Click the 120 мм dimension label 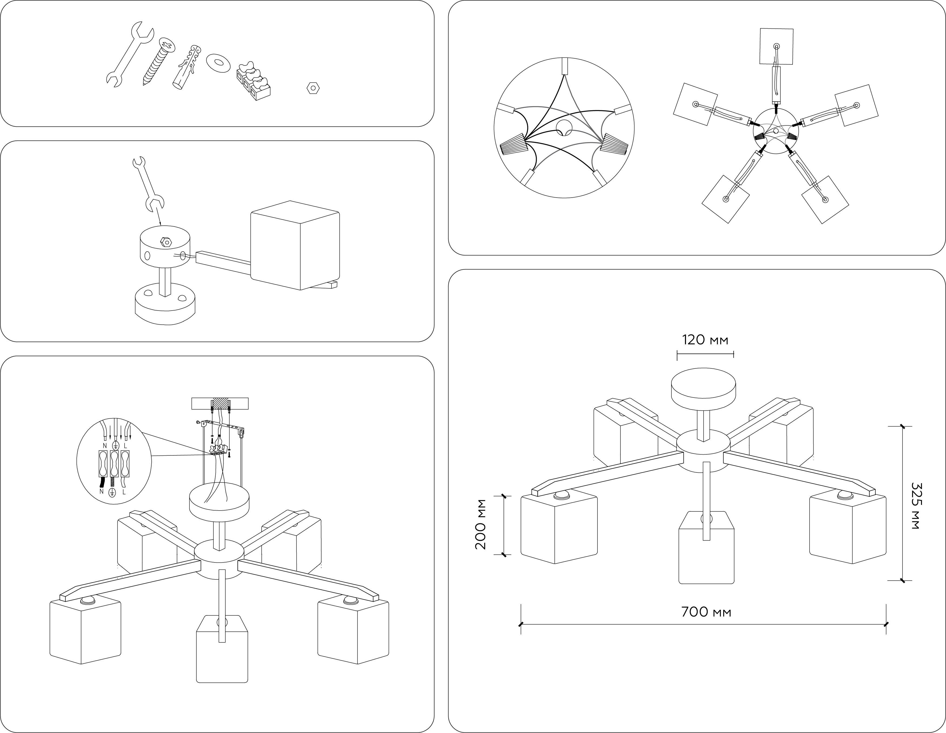click(705, 340)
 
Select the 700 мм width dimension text click(706, 612)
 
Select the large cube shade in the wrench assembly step click(295, 246)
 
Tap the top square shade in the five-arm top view click(777, 47)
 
